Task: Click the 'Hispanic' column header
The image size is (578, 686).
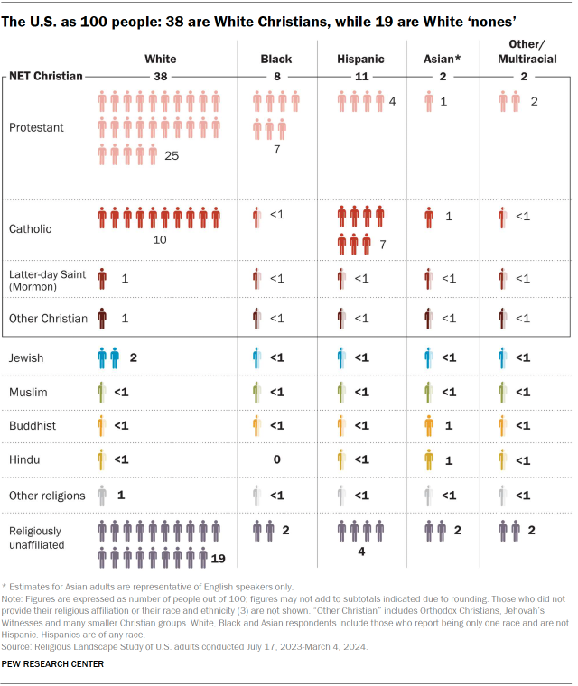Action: pyautogui.click(x=360, y=60)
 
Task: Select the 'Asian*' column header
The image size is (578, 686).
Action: pyautogui.click(x=443, y=60)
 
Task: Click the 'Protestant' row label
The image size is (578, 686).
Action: pyautogui.click(x=36, y=128)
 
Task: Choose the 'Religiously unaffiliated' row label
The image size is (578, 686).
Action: pyautogui.click(x=41, y=539)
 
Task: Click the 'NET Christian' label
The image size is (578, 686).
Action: pyautogui.click(x=46, y=77)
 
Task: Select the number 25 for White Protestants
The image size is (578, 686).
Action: pyautogui.click(x=172, y=156)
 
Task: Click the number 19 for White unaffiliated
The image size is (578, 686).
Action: pyautogui.click(x=218, y=560)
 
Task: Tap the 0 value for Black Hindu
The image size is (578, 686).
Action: pyautogui.click(x=276, y=460)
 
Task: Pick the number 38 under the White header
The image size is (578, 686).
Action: pyautogui.click(x=161, y=78)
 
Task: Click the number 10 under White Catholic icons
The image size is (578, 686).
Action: pyautogui.click(x=160, y=240)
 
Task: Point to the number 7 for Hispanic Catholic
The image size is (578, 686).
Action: pyautogui.click(x=382, y=246)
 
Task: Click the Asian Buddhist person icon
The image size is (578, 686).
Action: pyautogui.click(x=428, y=426)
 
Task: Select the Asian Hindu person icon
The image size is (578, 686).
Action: pyautogui.click(x=428, y=460)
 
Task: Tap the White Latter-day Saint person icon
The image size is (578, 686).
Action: pyautogui.click(x=102, y=279)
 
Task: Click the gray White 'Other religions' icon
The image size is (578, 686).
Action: pyautogui.click(x=102, y=496)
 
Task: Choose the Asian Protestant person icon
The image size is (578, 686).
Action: pyautogui.click(x=428, y=102)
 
